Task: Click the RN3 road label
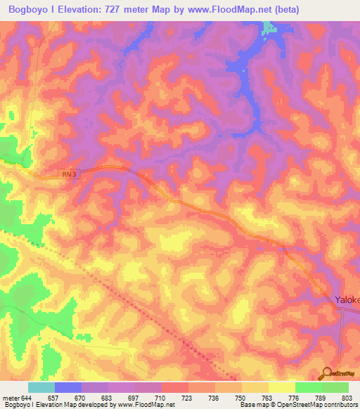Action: click(67, 174)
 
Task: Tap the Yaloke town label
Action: click(347, 299)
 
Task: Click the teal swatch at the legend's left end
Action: click(41, 387)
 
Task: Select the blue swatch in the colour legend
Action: click(68, 387)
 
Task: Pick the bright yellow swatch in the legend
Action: click(281, 387)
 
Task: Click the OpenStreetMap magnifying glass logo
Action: click(327, 373)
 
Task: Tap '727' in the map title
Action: click(110, 9)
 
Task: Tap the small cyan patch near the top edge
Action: click(269, 28)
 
